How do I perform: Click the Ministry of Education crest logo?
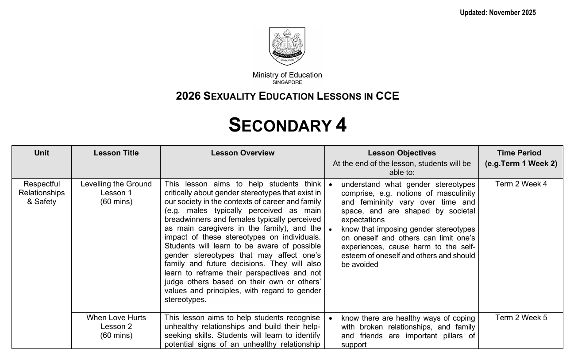(287, 46)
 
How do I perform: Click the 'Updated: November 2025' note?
(497, 13)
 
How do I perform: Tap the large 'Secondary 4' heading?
(287, 125)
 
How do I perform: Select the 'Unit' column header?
(42, 153)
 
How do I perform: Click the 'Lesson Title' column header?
(116, 153)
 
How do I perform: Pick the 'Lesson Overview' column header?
(243, 153)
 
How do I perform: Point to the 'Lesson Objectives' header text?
(401, 153)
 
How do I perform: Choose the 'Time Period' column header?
(519, 153)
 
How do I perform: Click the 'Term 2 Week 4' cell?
(521, 184)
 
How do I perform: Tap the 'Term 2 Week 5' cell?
(521, 318)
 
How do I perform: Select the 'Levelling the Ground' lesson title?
(116, 184)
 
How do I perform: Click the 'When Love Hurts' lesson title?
(116, 318)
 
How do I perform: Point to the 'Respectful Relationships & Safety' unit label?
(42, 193)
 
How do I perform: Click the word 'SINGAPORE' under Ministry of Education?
(287, 82)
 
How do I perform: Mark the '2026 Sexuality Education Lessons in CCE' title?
(287, 96)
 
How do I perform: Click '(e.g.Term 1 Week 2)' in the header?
(521, 163)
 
